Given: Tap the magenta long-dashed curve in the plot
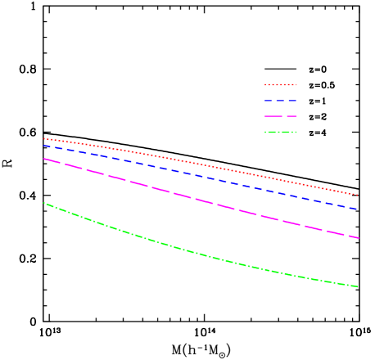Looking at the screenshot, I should (201, 199).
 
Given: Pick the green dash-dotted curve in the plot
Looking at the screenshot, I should (201, 254).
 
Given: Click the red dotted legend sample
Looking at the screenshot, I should (280, 84).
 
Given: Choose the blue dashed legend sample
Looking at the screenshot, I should (280, 100).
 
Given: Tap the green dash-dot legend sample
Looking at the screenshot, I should (280, 132).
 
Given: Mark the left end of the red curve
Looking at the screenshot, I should (44, 138).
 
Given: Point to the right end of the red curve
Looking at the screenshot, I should (358, 195).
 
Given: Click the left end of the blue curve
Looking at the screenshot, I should (44, 146).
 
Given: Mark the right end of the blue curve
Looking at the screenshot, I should (358, 209).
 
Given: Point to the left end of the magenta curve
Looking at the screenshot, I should (44, 159).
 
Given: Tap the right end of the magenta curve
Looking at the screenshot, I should (358, 237).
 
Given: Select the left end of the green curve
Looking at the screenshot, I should (44, 203).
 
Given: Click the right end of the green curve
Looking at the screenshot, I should (358, 286).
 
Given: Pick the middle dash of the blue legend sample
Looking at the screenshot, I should (280, 100).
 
